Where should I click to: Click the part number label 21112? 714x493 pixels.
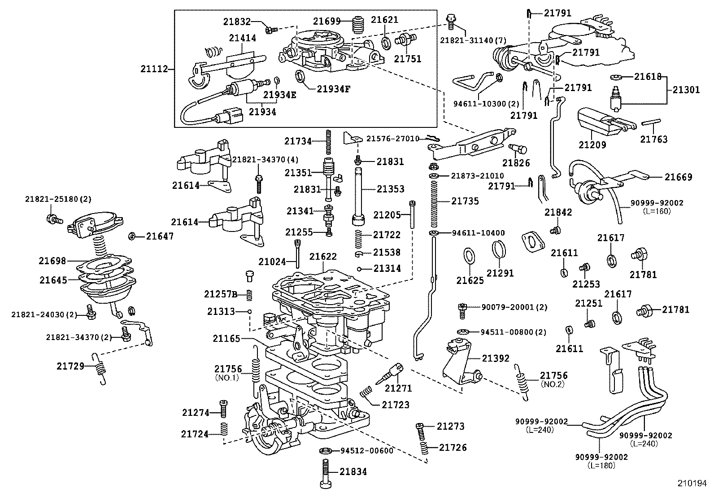[x=154, y=69]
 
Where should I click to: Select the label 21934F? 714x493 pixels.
[x=333, y=89]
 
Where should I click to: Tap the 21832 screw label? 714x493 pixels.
[x=236, y=22]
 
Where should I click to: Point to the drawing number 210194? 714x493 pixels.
[x=692, y=484]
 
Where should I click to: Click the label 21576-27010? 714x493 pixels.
[x=393, y=139]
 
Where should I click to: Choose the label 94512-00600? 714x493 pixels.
[x=366, y=450]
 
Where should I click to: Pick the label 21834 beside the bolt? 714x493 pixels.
[x=353, y=471]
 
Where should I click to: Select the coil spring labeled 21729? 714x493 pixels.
[x=100, y=369]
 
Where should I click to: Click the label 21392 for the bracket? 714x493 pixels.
[x=495, y=358]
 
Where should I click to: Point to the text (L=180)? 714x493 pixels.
[x=601, y=466]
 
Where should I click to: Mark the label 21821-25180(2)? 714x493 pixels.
[x=58, y=199]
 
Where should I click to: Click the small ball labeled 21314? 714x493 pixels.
[x=359, y=269]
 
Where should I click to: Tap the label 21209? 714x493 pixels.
[x=592, y=145]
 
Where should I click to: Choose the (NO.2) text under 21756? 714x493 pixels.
[x=553, y=384]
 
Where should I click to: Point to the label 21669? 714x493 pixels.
[x=678, y=177]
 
